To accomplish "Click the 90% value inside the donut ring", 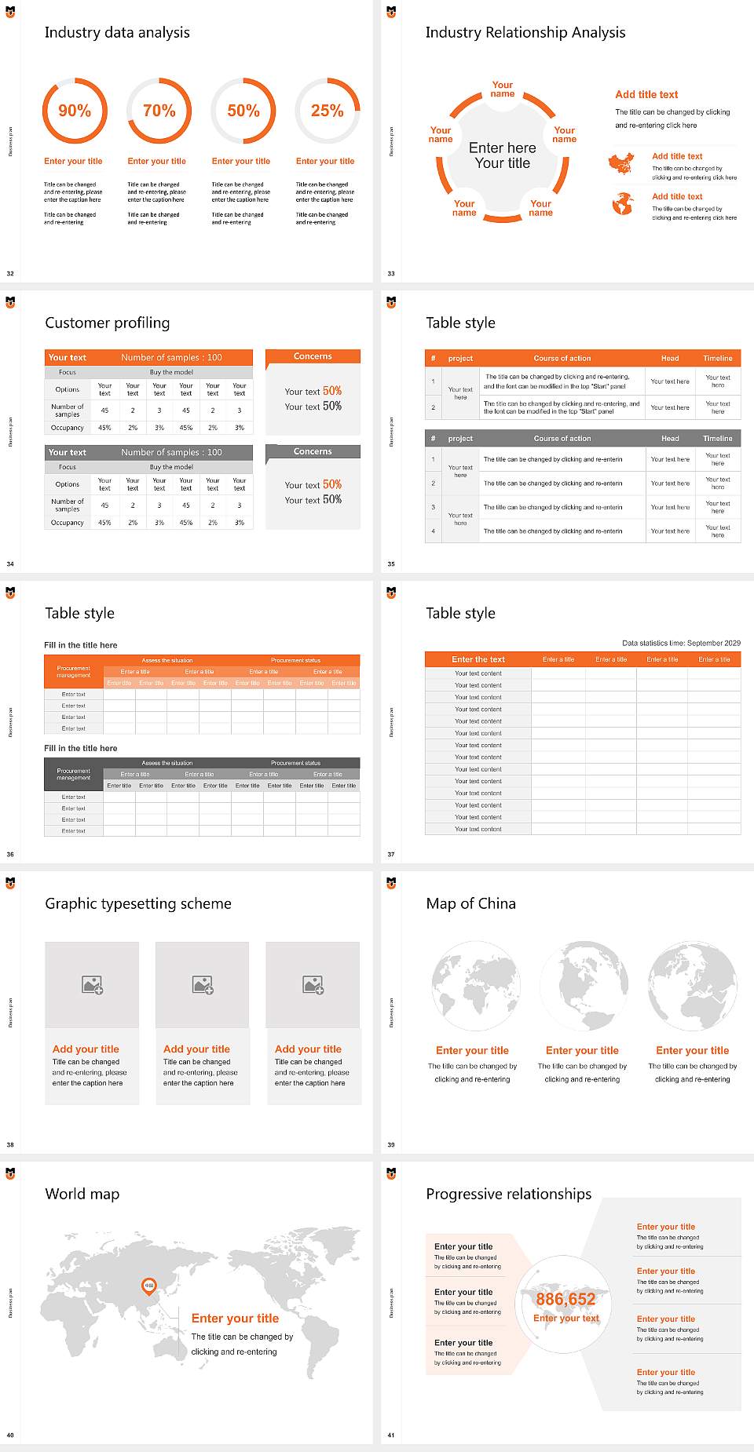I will (x=75, y=111).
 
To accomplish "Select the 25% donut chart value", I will (x=327, y=111).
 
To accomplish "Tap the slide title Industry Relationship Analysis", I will (x=525, y=32).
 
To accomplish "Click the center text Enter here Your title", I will (x=503, y=155).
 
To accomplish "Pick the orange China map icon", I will (x=620, y=164).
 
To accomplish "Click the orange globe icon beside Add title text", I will (x=622, y=204).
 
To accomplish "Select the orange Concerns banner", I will (x=313, y=356).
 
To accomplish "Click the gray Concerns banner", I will (x=313, y=451).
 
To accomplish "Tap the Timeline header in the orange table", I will (x=717, y=358).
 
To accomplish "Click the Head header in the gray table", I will (x=670, y=438).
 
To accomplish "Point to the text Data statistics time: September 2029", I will (x=681, y=643).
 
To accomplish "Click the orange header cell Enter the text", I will (x=478, y=659).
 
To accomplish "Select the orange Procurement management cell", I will (x=73, y=672).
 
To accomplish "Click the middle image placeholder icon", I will (x=203, y=984).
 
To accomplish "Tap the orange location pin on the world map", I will (x=148, y=1286).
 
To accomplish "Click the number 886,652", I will (x=565, y=1299).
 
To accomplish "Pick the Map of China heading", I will (x=470, y=903).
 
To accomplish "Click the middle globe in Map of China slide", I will (x=582, y=987).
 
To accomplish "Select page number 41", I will (x=390, y=1435).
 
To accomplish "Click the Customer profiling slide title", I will (x=107, y=323).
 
